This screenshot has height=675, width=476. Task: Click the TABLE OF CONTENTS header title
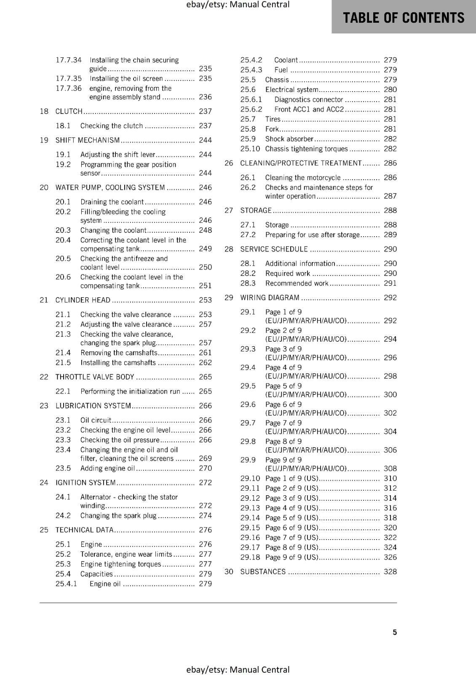pos(404,18)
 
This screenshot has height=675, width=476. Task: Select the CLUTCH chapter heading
pos(69,111)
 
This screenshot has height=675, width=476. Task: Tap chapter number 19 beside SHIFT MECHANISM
pos(44,140)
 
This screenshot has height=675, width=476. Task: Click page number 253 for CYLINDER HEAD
pos(205,300)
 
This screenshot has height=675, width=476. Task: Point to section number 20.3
pos(63,230)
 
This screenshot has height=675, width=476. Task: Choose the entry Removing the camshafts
pos(119,353)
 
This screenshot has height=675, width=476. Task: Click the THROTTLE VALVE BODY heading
pos(95,377)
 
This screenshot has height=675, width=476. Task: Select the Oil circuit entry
pos(96,420)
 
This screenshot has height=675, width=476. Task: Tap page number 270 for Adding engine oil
pos(205,468)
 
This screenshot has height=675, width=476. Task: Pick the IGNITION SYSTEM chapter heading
pos(86,483)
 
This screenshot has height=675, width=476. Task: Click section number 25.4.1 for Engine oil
pos(66,584)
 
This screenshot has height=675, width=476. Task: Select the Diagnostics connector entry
pos(309,100)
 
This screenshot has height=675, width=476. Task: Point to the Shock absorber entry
pos(289,139)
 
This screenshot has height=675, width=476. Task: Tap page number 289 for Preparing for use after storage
pos(390,235)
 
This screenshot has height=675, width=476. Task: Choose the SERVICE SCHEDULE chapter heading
pos(274,249)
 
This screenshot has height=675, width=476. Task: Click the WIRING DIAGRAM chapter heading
pos(270,298)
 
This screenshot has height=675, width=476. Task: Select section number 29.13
pos(250,508)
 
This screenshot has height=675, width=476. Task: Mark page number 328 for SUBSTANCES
pos(390,572)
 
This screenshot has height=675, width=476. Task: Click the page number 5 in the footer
pos(395,632)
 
